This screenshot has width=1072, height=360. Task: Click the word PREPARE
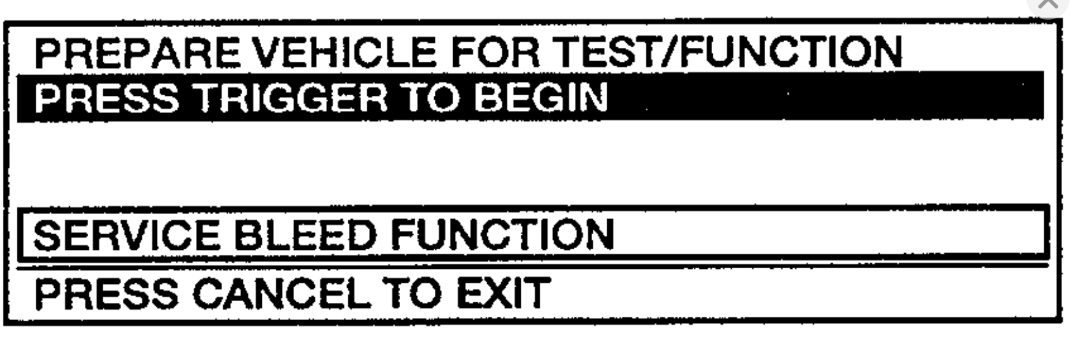(x=137, y=53)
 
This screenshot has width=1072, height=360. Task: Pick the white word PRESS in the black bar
(x=107, y=98)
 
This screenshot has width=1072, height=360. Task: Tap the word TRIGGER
(x=290, y=98)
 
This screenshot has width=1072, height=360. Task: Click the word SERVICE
(x=126, y=235)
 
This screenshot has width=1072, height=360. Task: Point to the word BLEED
(x=305, y=235)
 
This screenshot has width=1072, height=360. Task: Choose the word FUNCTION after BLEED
(x=502, y=235)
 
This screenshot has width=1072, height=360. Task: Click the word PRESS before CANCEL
(x=107, y=294)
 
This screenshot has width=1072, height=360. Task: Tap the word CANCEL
(x=282, y=294)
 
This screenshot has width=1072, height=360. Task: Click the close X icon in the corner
(x=1047, y=5)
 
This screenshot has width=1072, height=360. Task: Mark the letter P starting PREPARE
(x=48, y=53)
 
